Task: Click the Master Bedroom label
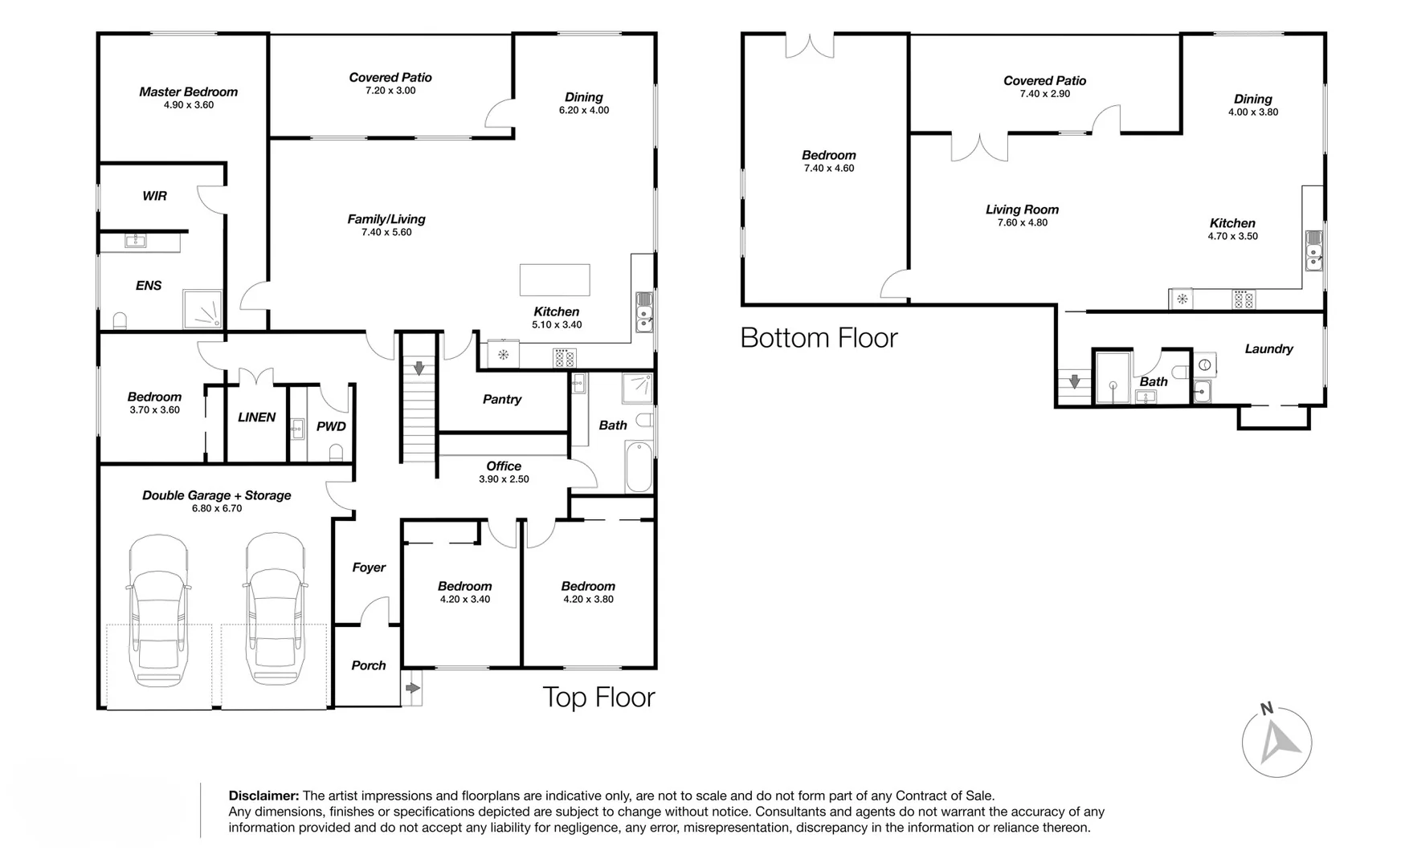[188, 92]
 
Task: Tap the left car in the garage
[159, 612]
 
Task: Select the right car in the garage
[276, 612]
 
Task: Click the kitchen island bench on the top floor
[554, 280]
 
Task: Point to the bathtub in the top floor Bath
[639, 466]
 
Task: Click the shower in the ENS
[203, 309]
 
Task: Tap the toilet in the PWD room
[337, 454]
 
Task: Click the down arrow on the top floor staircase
[419, 368]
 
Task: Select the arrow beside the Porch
[412, 688]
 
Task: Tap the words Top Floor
[598, 697]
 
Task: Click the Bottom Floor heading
[819, 338]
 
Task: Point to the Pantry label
[502, 399]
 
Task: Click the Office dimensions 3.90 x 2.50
[504, 479]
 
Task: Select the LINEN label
[256, 417]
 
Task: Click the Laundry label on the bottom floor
[1268, 348]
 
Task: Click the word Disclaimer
[263, 796]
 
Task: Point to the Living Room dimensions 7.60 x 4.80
[1022, 222]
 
